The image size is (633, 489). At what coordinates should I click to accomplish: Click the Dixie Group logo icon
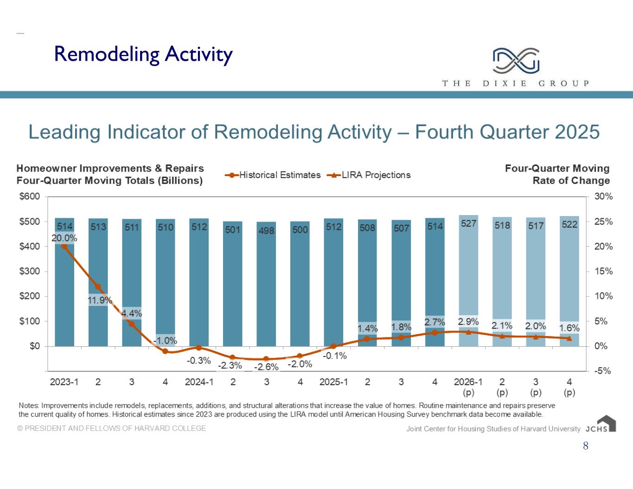[x=516, y=61]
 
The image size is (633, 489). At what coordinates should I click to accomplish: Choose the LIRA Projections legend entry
[x=369, y=175]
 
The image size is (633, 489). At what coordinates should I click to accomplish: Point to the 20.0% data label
[x=64, y=238]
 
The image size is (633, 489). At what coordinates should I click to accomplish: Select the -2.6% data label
[x=266, y=367]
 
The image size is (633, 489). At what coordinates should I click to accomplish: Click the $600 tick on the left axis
[x=30, y=197]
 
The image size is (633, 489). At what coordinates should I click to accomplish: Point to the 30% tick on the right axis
[x=603, y=197]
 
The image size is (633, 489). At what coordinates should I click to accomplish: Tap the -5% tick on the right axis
[x=603, y=371]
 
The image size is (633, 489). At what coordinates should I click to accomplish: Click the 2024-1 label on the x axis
[x=199, y=382]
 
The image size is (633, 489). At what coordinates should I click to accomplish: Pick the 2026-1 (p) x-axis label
[x=468, y=387]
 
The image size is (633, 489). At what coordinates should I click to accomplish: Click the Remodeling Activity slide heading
[x=143, y=54]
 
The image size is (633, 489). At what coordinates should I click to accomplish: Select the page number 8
[x=586, y=446]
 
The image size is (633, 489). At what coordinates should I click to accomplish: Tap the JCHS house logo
[x=606, y=424]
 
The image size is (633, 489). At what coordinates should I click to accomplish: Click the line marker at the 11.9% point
[x=98, y=287]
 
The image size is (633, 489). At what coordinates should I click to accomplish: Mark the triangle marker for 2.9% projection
[x=468, y=332]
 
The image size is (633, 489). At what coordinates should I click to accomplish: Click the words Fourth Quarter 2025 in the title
[x=507, y=132]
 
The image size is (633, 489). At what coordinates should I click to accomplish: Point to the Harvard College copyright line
[x=112, y=428]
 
